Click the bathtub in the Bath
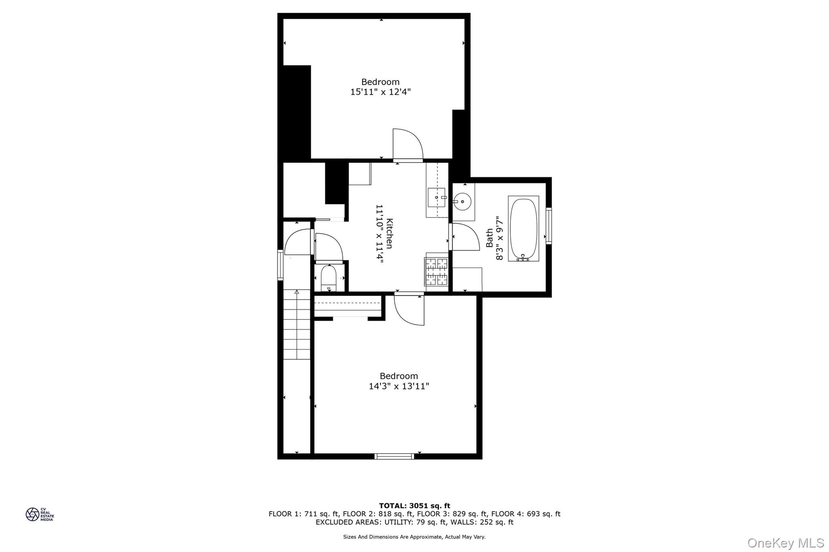click(523, 228)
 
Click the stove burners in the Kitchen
click(436, 271)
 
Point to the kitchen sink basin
click(436, 197)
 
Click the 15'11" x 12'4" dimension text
click(380, 92)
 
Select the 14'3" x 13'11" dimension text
click(399, 387)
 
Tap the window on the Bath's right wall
click(548, 226)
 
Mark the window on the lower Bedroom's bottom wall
click(394, 456)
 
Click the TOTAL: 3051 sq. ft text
click(414, 505)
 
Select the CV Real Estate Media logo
click(40, 514)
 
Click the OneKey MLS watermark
click(785, 543)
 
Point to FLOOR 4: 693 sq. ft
click(526, 514)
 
